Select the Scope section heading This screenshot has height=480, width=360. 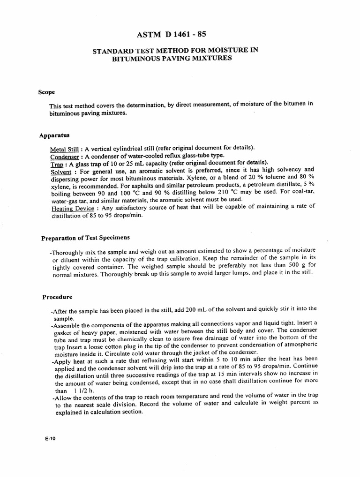(x=47, y=92)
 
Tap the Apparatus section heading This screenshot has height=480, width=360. (x=54, y=135)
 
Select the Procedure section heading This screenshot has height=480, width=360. (x=58, y=297)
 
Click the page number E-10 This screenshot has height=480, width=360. (x=48, y=440)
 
